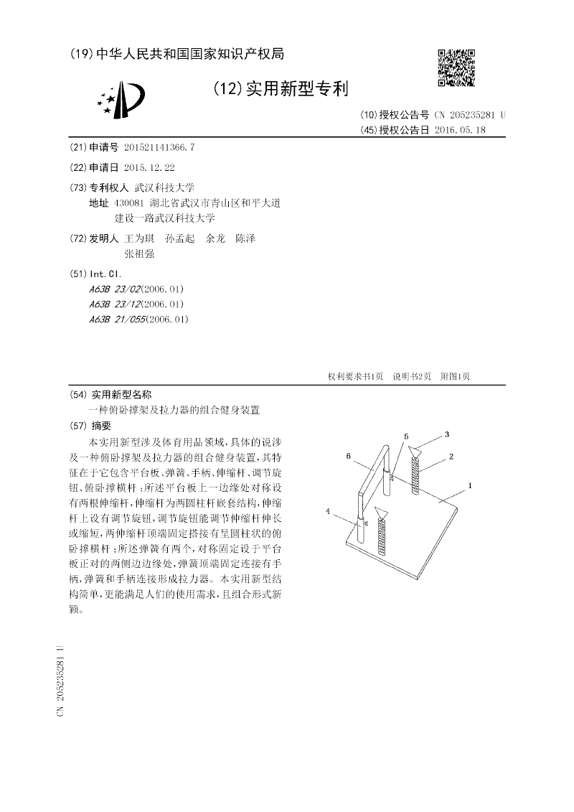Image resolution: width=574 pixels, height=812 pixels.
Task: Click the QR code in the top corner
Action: coord(456,67)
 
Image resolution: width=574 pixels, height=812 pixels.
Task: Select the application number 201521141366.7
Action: coord(159,147)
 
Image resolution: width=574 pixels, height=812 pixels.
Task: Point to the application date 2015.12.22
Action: coord(149,167)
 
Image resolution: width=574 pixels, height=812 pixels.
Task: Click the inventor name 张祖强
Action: coord(139,253)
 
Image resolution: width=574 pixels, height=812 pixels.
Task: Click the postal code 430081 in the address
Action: coord(129,203)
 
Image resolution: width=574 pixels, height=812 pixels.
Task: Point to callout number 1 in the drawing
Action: coord(470,486)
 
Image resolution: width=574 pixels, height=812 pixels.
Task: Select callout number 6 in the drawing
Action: coord(349,456)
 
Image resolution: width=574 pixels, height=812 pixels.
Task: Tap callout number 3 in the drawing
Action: coord(447,434)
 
